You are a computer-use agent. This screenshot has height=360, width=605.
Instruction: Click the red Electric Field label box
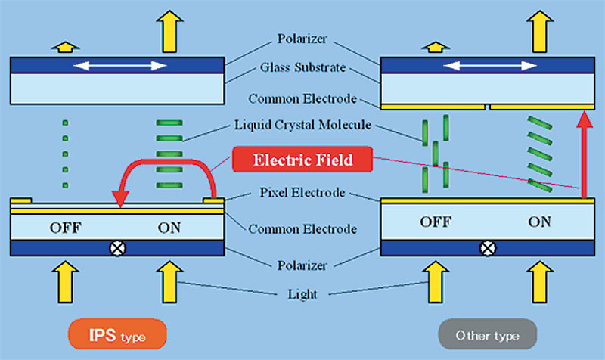click(x=302, y=160)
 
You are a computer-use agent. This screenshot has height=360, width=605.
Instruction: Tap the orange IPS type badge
click(x=117, y=334)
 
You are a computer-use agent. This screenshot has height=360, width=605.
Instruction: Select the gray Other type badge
click(x=487, y=334)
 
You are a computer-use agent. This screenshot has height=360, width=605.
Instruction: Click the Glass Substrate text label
click(x=303, y=67)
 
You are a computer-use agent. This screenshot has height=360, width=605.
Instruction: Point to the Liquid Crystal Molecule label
click(x=303, y=125)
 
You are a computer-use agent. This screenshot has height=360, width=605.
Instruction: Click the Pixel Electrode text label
click(x=302, y=193)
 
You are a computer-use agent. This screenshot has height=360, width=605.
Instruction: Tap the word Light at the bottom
click(x=302, y=294)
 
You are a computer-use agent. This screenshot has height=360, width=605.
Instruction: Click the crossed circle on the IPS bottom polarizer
click(x=118, y=248)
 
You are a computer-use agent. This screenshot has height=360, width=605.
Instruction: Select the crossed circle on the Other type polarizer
click(x=488, y=248)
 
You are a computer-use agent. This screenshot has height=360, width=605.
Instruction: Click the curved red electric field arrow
click(x=166, y=163)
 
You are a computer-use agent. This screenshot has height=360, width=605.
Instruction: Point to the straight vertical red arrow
click(x=585, y=154)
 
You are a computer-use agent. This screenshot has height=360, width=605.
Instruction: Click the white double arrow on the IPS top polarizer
click(x=120, y=66)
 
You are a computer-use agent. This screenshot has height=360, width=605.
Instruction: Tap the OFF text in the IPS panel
click(x=65, y=228)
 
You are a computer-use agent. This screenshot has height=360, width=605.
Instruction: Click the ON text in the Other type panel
click(x=539, y=222)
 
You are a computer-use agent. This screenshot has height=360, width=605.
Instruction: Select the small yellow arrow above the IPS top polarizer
click(x=66, y=47)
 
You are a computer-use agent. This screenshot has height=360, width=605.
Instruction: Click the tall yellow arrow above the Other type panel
click(x=540, y=31)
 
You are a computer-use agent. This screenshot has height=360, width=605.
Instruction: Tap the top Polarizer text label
click(x=302, y=39)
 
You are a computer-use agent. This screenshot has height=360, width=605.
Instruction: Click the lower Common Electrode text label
click(x=302, y=229)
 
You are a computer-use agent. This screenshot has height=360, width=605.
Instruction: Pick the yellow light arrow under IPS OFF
click(x=66, y=281)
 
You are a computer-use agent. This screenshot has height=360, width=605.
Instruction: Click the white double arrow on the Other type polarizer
click(x=490, y=66)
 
